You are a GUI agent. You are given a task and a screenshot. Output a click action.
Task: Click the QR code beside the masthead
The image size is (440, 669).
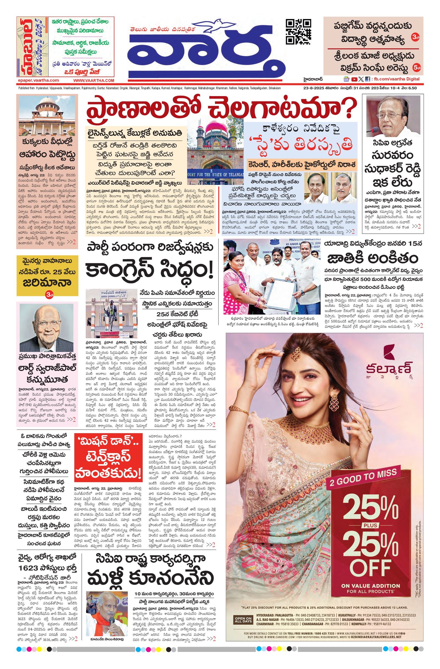click(298, 32)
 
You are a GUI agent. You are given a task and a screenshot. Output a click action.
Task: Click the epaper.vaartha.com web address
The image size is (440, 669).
click(38, 80)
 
